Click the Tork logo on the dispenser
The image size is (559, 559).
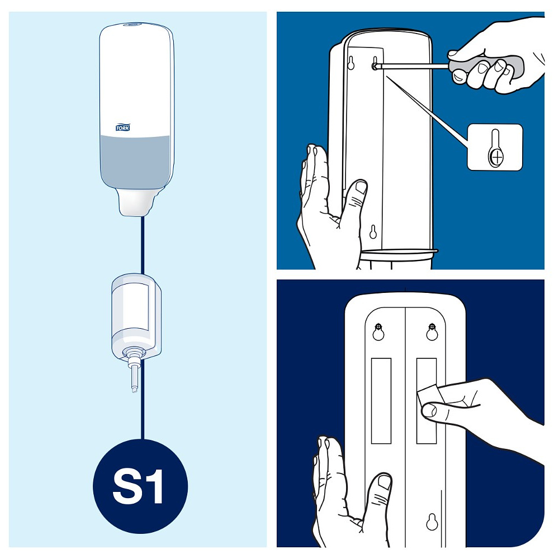(x=122, y=127)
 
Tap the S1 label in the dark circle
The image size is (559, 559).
(x=138, y=486)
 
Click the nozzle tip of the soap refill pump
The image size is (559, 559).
(x=134, y=389)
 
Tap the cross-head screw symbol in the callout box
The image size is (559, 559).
(x=496, y=157)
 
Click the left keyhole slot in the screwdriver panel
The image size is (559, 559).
(x=351, y=63)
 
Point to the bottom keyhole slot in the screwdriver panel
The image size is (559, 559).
(x=373, y=232)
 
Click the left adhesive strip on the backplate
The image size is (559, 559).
(x=381, y=401)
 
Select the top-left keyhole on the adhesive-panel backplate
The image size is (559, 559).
(x=378, y=331)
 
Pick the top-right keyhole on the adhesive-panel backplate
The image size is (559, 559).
(x=432, y=331)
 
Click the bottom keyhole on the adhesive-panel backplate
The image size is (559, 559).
(x=432, y=522)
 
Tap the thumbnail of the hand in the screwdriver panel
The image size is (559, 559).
(x=361, y=187)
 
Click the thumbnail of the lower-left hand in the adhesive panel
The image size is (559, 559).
(x=385, y=482)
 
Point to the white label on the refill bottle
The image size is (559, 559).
(x=135, y=307)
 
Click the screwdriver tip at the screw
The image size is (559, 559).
(x=375, y=66)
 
